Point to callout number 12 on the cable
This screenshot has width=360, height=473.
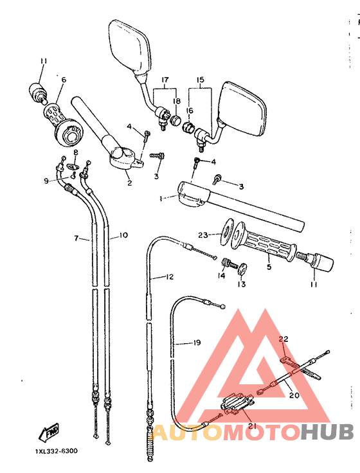coord(170,277)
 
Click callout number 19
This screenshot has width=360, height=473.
coord(197,343)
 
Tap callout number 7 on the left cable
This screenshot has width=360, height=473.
coord(76,238)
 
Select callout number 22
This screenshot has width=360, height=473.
coord(283,339)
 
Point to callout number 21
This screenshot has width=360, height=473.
coord(252,425)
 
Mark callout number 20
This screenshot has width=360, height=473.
coord(294,395)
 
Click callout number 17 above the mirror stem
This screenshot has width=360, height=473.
coord(165,82)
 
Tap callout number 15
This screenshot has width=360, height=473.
coord(199,82)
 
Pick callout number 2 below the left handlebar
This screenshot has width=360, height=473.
coord(129,183)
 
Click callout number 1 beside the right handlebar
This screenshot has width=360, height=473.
coord(162,199)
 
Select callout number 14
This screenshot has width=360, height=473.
coord(221,276)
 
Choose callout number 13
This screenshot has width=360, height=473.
coord(242,283)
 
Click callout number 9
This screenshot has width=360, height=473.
coord(46,181)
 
